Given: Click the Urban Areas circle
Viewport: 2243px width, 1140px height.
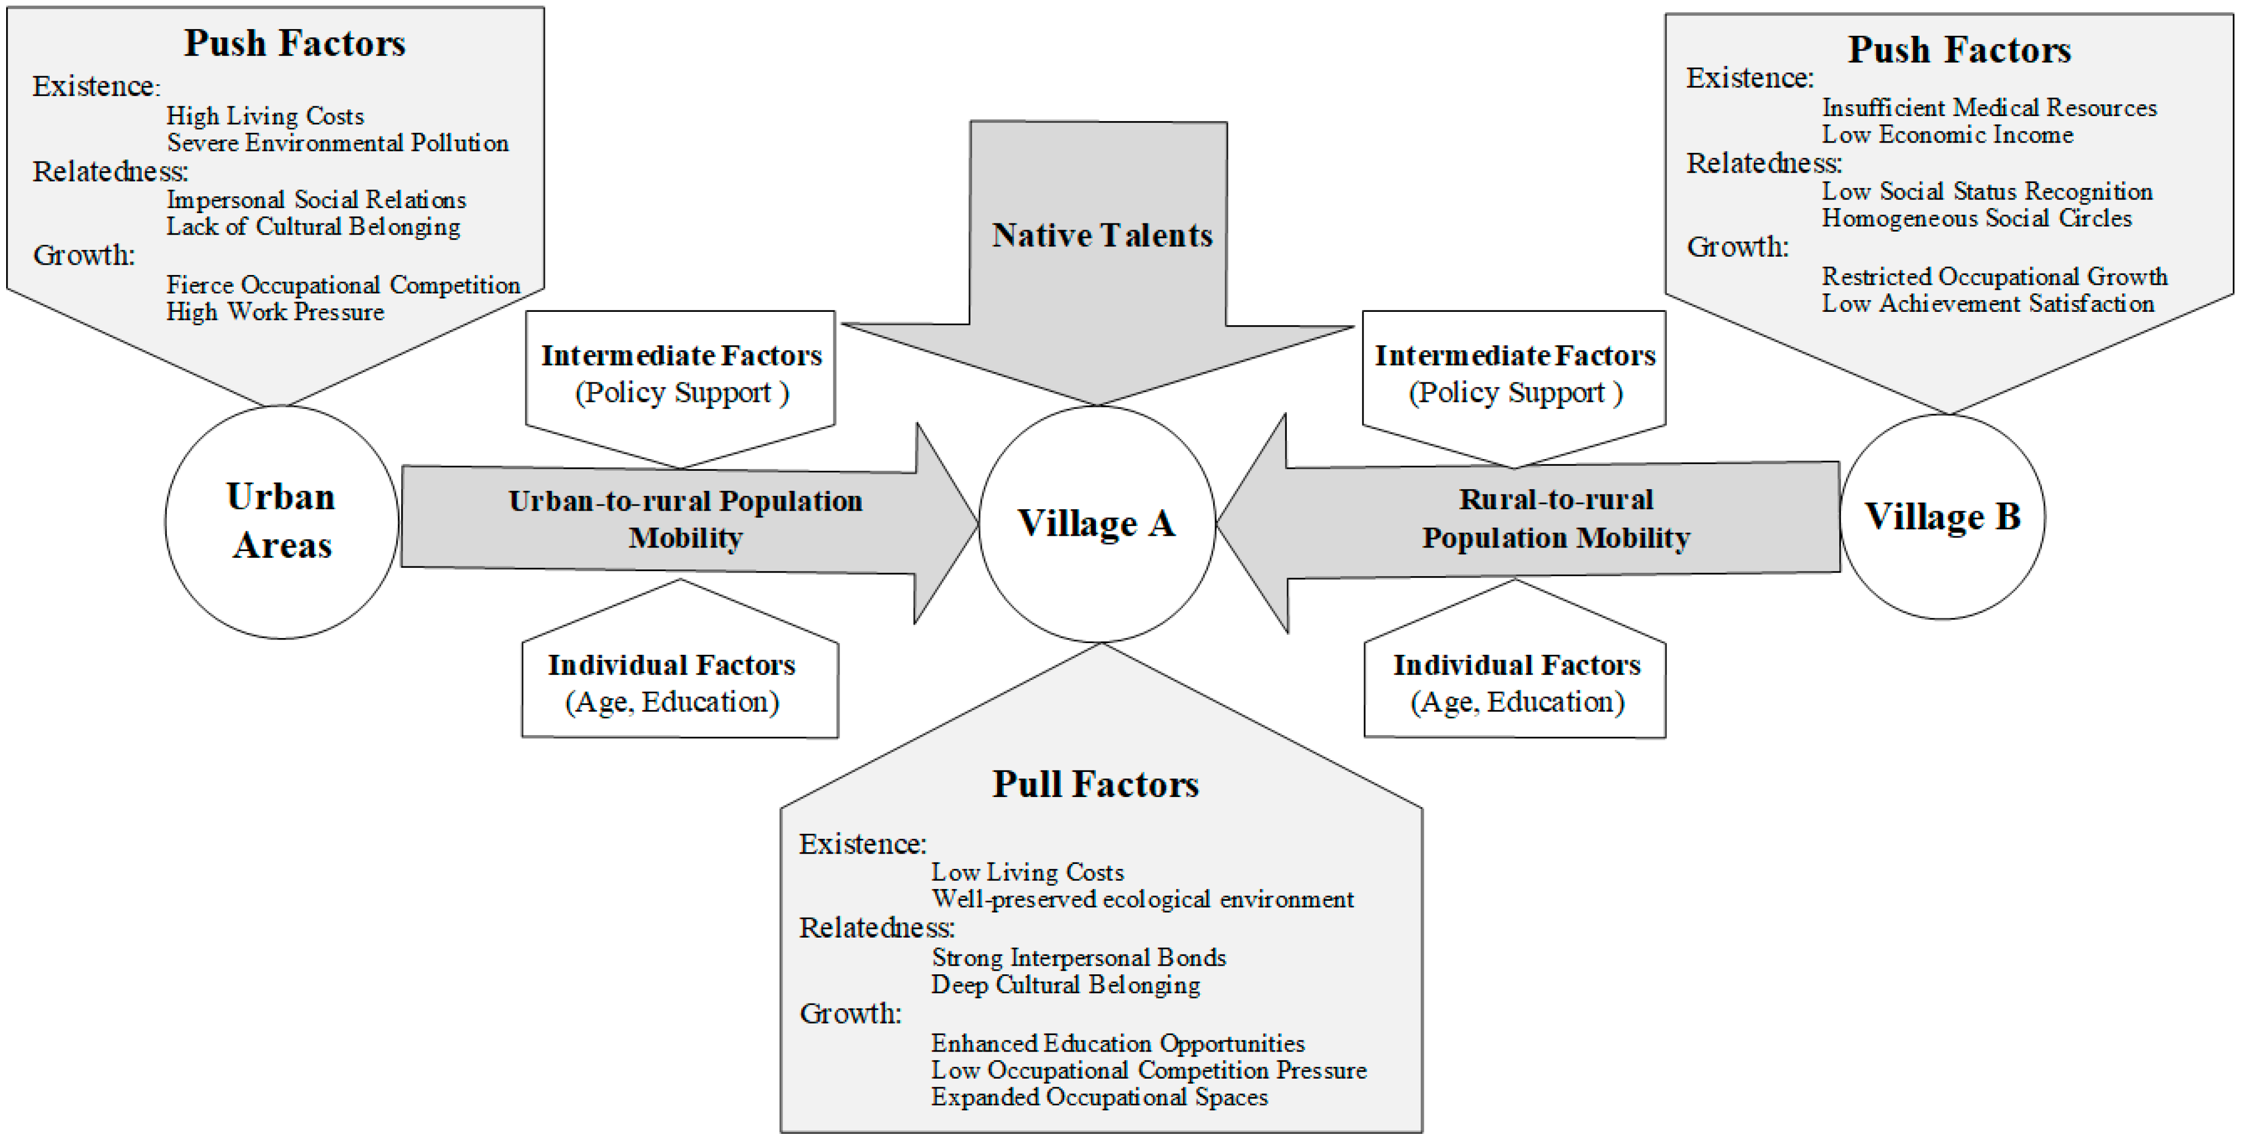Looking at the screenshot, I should [x=281, y=521].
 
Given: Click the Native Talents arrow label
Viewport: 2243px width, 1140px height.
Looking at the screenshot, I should [x=1102, y=235].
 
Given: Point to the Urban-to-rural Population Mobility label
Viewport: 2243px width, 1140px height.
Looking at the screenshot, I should [x=685, y=519].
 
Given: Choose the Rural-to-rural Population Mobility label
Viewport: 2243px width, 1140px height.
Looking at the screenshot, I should [x=1555, y=519].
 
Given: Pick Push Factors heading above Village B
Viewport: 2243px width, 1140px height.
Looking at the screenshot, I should [x=1959, y=50].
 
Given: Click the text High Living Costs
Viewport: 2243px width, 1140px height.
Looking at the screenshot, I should [x=265, y=116].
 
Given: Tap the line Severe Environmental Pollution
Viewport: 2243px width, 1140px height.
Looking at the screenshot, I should [x=338, y=143].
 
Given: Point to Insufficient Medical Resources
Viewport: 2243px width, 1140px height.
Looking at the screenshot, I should [x=1989, y=108].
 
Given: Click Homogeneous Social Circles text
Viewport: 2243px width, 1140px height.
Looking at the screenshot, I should [x=1976, y=218].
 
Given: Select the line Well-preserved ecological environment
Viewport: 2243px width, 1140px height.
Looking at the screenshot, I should [x=1141, y=899].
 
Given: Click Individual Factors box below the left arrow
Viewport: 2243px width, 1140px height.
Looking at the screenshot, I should [x=671, y=683].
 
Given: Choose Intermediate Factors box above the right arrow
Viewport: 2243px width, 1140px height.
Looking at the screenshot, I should [x=1514, y=373].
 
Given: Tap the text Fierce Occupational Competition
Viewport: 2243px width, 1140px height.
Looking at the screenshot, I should [x=343, y=285].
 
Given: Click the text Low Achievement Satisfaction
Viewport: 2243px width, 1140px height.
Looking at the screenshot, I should [x=1988, y=304].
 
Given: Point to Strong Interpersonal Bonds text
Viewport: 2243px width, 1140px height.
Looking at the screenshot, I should [x=1078, y=957].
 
